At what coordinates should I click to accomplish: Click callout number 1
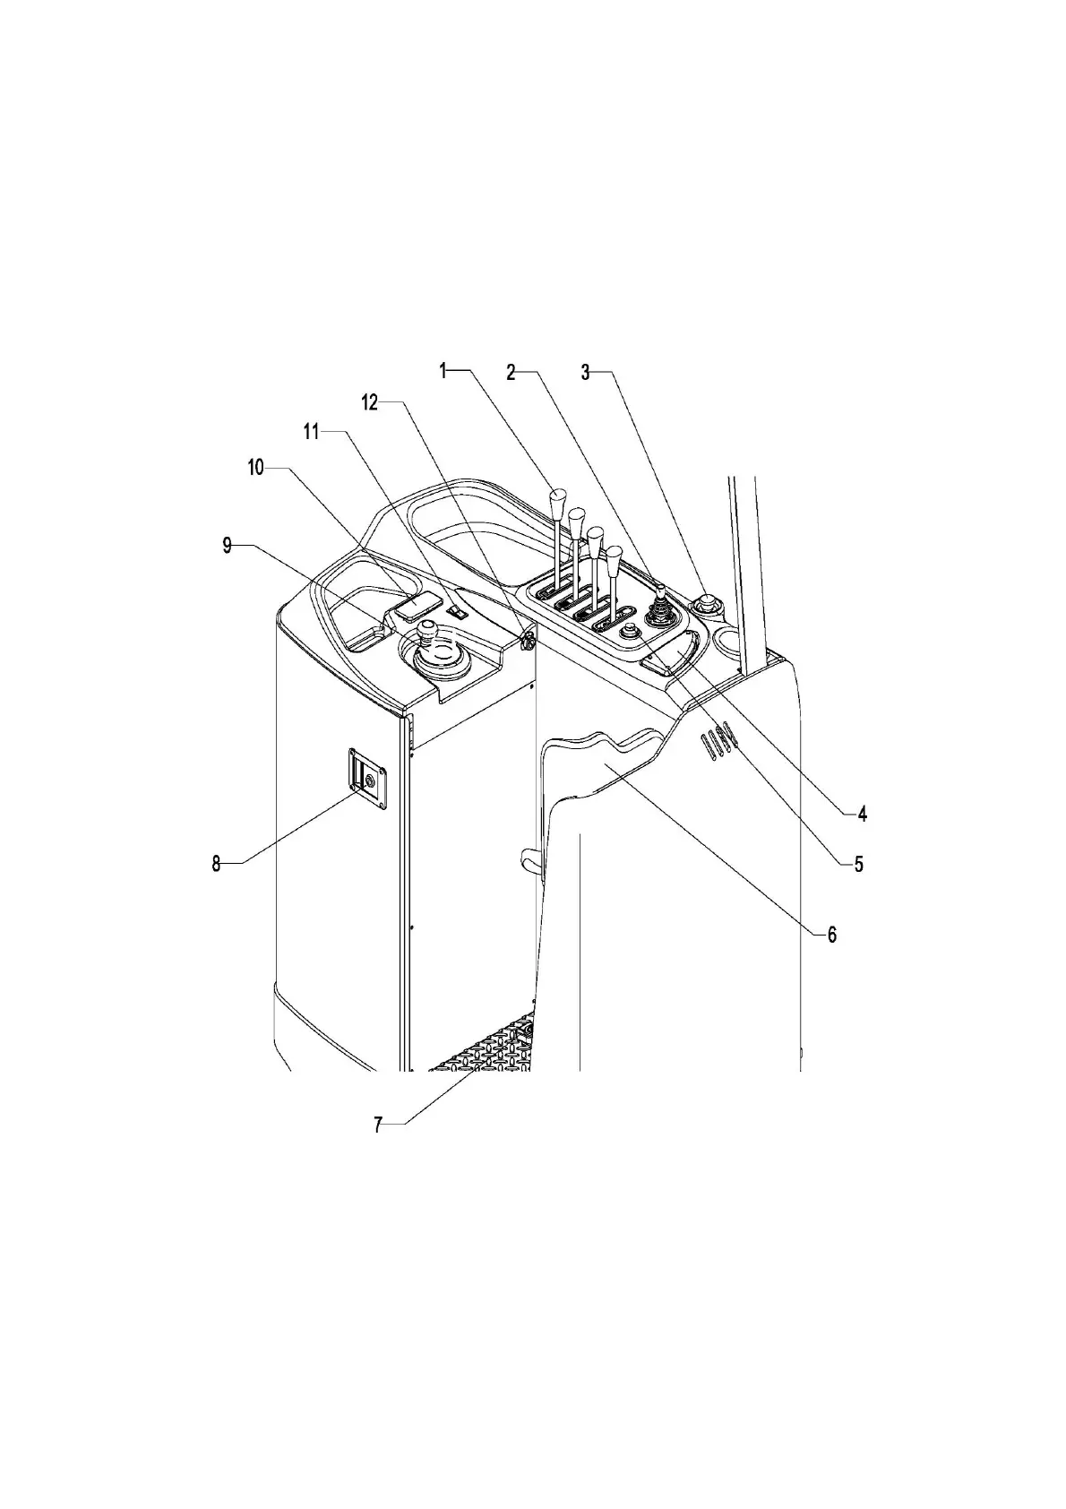[443, 370]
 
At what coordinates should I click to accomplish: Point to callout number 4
[862, 814]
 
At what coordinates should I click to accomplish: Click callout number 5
[858, 865]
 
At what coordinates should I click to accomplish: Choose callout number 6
[831, 935]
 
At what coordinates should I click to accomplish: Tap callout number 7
[378, 1125]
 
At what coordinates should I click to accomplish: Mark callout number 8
[216, 864]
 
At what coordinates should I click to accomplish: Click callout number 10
[256, 468]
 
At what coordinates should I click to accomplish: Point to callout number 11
[311, 432]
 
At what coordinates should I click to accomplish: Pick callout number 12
[370, 402]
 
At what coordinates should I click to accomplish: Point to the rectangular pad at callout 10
[417, 608]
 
